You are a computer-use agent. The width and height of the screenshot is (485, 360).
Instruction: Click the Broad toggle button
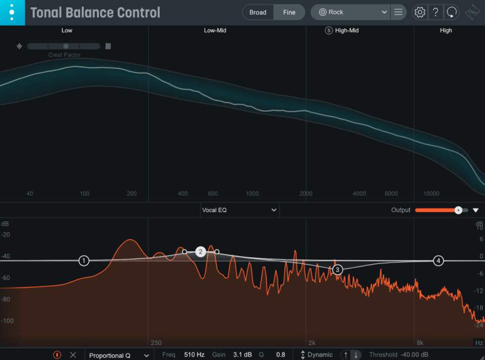(258, 12)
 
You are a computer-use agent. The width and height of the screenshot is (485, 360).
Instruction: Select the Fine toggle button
(289, 12)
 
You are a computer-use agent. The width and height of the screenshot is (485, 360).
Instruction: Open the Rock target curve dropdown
(351, 12)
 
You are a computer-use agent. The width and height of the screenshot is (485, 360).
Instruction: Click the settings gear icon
(420, 12)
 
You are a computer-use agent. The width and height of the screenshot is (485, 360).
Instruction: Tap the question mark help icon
(436, 12)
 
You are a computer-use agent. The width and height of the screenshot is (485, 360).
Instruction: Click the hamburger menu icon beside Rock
(398, 12)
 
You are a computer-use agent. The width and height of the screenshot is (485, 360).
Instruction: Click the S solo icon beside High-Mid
(329, 30)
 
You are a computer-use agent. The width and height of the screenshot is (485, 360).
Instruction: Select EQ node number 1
(84, 260)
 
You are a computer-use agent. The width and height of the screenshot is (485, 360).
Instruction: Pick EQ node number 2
(200, 252)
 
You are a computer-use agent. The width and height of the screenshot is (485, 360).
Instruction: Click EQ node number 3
(338, 269)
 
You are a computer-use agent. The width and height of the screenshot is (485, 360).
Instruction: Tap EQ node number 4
(438, 260)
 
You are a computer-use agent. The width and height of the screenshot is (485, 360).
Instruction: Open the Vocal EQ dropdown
(240, 210)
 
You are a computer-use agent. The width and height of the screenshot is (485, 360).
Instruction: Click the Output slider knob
(458, 210)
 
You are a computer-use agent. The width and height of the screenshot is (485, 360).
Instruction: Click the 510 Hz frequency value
(194, 355)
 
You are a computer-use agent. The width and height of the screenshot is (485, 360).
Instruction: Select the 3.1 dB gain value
(242, 355)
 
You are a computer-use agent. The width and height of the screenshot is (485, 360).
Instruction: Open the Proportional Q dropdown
(119, 355)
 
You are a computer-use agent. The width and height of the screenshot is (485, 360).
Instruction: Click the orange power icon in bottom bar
(57, 355)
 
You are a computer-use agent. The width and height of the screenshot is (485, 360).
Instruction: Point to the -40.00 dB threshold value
(414, 355)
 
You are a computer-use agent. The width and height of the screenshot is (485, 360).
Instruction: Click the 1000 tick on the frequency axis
(252, 194)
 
